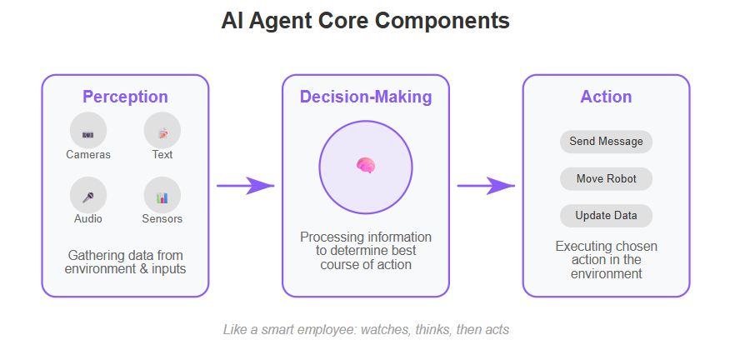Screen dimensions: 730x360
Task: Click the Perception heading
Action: (x=125, y=97)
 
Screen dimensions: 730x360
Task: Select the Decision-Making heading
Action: (x=366, y=97)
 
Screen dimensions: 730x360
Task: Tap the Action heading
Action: (x=606, y=97)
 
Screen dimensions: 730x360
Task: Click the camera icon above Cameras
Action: (x=88, y=135)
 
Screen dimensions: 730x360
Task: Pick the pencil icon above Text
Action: (x=162, y=133)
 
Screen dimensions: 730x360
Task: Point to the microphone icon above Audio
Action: (x=88, y=198)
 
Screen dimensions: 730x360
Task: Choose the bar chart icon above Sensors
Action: (x=162, y=198)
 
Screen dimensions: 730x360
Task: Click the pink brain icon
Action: (x=366, y=165)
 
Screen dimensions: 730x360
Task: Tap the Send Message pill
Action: (x=606, y=142)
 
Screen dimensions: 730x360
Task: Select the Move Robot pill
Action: (x=606, y=179)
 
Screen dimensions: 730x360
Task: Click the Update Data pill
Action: (x=606, y=216)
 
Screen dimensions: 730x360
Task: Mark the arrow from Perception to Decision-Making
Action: (x=245, y=186)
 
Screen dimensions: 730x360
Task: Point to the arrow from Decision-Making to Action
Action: (x=486, y=186)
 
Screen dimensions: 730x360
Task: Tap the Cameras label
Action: (x=88, y=155)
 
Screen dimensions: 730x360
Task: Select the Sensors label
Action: (x=162, y=219)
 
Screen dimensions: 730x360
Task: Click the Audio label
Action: (x=88, y=219)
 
